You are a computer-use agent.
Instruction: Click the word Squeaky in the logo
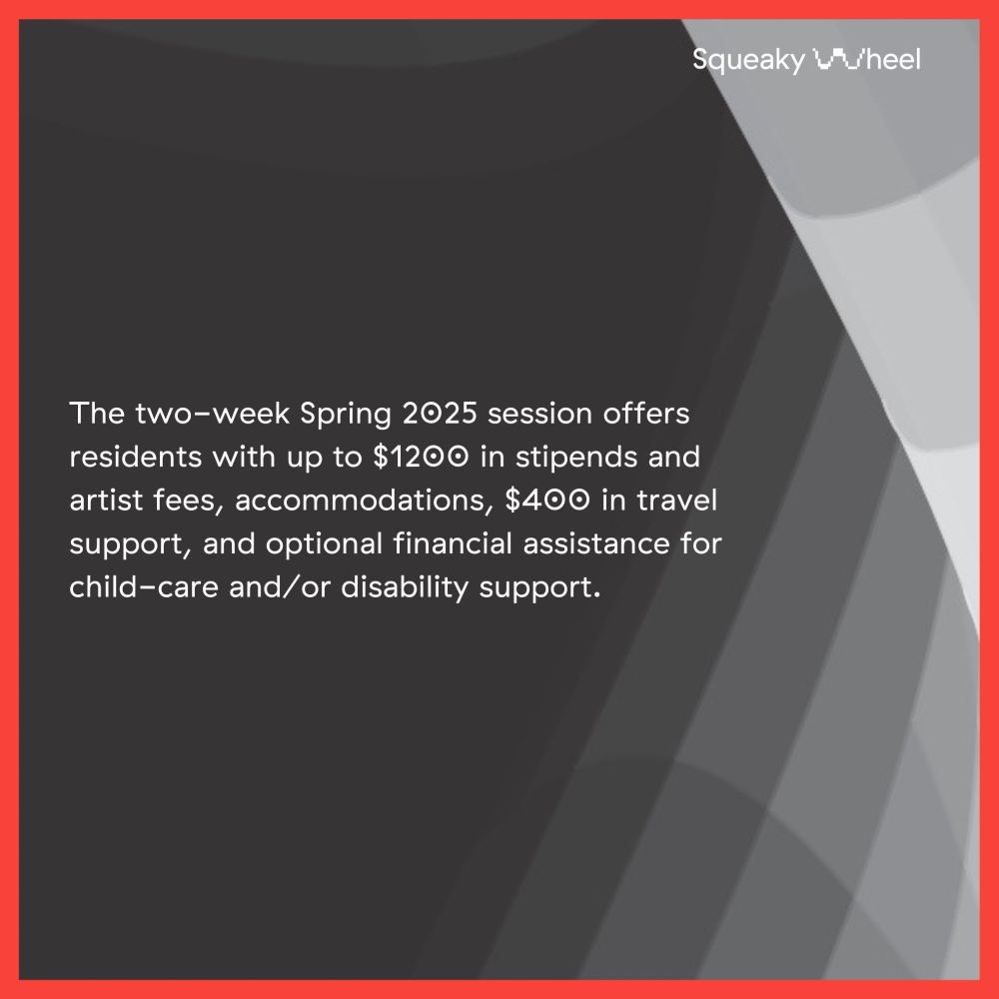(747, 60)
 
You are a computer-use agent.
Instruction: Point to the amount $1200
(423, 458)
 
